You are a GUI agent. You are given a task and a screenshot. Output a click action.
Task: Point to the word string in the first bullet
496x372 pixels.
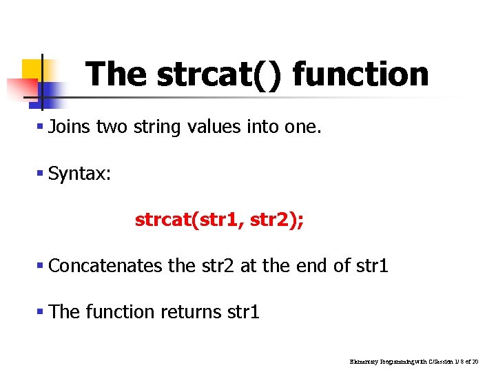[x=155, y=127]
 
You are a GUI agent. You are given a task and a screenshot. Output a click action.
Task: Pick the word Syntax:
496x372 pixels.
[x=80, y=174]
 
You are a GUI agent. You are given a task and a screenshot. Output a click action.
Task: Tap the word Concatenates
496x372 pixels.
[x=106, y=265]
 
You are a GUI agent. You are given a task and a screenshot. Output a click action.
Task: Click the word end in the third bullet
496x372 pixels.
[x=316, y=265]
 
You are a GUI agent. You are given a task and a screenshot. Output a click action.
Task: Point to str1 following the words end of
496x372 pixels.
[x=373, y=265]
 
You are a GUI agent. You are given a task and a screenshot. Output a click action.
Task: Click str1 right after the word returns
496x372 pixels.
[x=243, y=312]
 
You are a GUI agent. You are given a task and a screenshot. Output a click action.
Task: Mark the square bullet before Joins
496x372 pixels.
[x=41, y=127]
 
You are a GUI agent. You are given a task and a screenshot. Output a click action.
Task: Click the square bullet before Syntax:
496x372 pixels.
[x=41, y=174]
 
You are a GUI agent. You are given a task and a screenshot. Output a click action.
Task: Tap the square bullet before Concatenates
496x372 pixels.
[x=41, y=266]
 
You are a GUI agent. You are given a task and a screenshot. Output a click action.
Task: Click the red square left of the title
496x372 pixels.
[x=21, y=88]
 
